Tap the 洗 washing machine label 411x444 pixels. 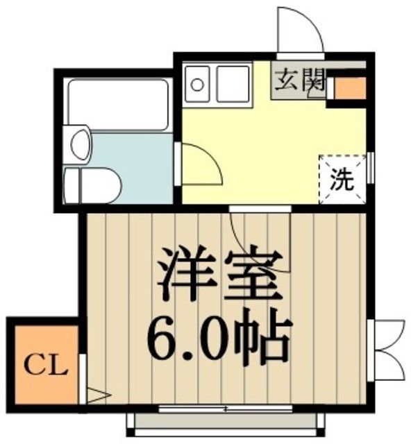pos(341,182)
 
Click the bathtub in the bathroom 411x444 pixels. pos(117,104)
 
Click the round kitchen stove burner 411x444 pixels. pos(198,85)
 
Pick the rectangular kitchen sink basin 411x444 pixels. pos(233,83)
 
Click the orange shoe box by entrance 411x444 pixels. pos(349,88)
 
